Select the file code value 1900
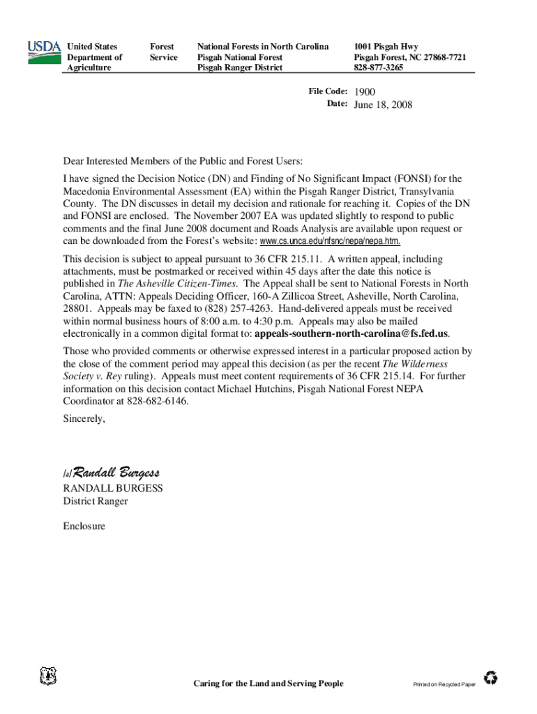click(x=365, y=92)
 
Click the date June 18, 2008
click(x=383, y=105)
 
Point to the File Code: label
click(x=328, y=91)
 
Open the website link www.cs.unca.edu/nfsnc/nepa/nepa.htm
click(x=330, y=241)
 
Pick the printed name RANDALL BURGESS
click(x=113, y=488)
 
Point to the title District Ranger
click(x=96, y=501)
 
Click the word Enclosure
click(x=84, y=526)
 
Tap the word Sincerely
click(x=84, y=419)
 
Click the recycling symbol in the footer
click(x=491, y=678)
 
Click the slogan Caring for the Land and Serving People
click(x=268, y=683)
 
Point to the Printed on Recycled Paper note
click(x=444, y=685)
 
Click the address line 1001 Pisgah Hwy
click(x=386, y=47)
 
